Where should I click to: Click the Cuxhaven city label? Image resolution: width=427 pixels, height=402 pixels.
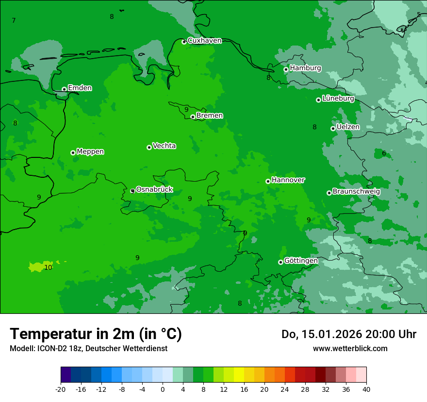pyautogui.click(x=204, y=41)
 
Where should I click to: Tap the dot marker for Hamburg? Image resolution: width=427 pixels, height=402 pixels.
pyautogui.click(x=286, y=69)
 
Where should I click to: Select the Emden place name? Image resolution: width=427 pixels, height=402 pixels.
pyautogui.click(x=80, y=88)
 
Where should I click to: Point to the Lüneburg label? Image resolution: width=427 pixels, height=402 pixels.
pyautogui.click(x=338, y=98)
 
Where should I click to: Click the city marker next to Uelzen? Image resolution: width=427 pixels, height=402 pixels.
pyautogui.click(x=333, y=128)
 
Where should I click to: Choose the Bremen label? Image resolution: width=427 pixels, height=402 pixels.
pyautogui.click(x=209, y=116)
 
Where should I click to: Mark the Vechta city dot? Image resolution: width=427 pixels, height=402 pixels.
pyautogui.click(x=149, y=147)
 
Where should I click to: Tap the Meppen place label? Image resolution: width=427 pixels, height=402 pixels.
pyautogui.click(x=90, y=152)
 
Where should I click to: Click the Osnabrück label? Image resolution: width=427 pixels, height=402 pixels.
pyautogui.click(x=154, y=190)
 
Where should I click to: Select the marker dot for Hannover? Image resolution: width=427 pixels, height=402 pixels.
pyautogui.click(x=268, y=181)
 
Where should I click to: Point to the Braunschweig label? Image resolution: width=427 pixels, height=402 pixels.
pyautogui.click(x=356, y=192)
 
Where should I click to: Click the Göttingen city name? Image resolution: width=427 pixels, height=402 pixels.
pyautogui.click(x=301, y=261)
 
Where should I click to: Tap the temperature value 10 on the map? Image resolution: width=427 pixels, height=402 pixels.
pyautogui.click(x=48, y=267)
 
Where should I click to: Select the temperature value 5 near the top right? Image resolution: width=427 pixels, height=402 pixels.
pyautogui.click(x=419, y=15)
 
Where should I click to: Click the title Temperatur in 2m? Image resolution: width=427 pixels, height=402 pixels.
pyautogui.click(x=96, y=334)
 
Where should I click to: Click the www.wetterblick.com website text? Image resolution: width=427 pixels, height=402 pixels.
pyautogui.click(x=350, y=348)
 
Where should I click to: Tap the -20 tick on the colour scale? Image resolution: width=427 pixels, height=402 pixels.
pyautogui.click(x=61, y=389)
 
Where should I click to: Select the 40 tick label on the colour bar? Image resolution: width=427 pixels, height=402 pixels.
pyautogui.click(x=366, y=389)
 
